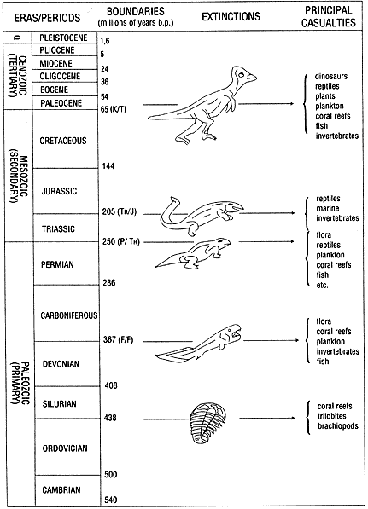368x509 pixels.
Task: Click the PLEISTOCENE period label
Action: pyautogui.click(x=63, y=38)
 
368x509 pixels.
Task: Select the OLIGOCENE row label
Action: pyautogui.click(x=60, y=76)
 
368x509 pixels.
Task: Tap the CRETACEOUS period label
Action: pyautogui.click(x=63, y=141)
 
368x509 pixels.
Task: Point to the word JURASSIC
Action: pyautogui.click(x=59, y=191)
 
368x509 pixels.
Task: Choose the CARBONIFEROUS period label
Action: pyautogui.click(x=69, y=315)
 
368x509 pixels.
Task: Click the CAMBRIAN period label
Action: pyautogui.click(x=61, y=490)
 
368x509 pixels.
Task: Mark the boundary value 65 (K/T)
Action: pyautogui.click(x=114, y=109)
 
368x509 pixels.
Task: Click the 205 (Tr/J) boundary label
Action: pyautogui.click(x=120, y=212)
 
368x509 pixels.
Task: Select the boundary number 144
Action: pyautogui.click(x=108, y=166)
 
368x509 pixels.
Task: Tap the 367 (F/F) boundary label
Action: pyautogui.click(x=119, y=340)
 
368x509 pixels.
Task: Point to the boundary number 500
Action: pyautogui.click(x=110, y=475)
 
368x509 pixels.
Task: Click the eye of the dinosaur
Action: pyautogui.click(x=241, y=75)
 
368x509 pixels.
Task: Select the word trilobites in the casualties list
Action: pyautogui.click(x=332, y=416)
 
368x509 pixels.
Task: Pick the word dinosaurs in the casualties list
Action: pyautogui.click(x=331, y=77)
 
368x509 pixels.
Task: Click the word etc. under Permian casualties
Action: pyautogui.click(x=322, y=286)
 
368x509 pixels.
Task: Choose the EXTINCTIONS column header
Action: pyautogui.click(x=231, y=16)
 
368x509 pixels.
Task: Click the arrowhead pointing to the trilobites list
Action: pyautogui.click(x=293, y=418)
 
